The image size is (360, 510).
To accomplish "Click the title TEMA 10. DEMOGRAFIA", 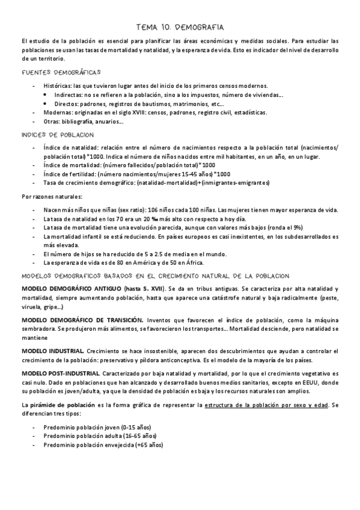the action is coord(180,27).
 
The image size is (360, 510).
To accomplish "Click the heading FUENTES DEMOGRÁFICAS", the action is coord(61,73).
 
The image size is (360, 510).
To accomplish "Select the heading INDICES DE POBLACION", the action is coord(57,135).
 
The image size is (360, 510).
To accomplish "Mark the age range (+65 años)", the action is coord(147,444).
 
